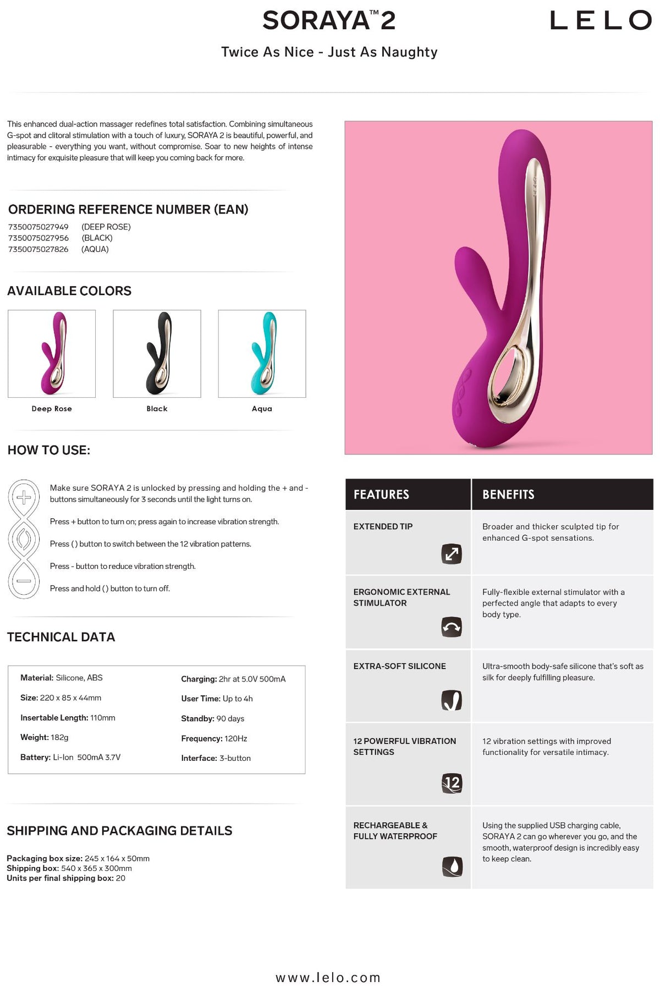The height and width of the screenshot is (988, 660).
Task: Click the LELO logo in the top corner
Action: (x=601, y=21)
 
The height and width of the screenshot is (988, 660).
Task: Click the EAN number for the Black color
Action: (x=38, y=238)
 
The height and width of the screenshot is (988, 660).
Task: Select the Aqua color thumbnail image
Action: (x=262, y=353)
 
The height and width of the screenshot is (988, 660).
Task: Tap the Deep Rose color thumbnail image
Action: (x=52, y=353)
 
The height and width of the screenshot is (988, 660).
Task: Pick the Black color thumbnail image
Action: (x=157, y=353)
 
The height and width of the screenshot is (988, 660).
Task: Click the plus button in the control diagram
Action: (x=24, y=498)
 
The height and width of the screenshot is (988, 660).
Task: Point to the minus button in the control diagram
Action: (x=24, y=580)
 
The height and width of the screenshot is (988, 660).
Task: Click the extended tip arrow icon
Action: (x=452, y=553)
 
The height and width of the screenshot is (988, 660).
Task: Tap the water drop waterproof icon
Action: (x=452, y=866)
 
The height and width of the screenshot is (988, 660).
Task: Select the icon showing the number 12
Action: (x=452, y=782)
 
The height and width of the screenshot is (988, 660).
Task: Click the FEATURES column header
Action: (x=381, y=495)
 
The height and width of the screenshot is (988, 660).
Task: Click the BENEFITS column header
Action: (x=508, y=495)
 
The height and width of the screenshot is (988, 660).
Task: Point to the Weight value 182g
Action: (x=59, y=737)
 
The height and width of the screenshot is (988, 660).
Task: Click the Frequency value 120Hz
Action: (x=236, y=738)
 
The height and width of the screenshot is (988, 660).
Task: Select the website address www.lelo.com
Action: (x=328, y=977)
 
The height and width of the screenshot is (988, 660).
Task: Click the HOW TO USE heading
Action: (x=49, y=450)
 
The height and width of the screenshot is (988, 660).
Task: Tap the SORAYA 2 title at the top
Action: (x=329, y=21)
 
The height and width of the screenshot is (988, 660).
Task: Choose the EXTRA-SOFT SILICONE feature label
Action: (x=399, y=666)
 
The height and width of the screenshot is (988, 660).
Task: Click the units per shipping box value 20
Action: (x=120, y=878)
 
